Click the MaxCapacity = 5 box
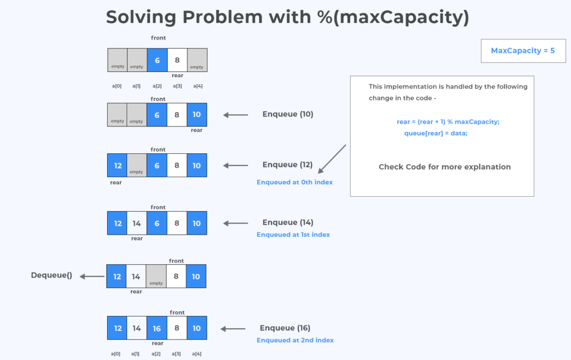[523, 51]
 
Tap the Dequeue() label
[51, 275]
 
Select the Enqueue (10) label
[288, 114]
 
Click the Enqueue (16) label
[285, 328]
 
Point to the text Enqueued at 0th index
[294, 182]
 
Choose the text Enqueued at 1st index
[293, 235]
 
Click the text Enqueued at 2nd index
[295, 340]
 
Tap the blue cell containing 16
[157, 328]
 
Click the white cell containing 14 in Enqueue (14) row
[137, 223]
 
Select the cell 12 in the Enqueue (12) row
[118, 166]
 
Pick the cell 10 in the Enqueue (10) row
[197, 114]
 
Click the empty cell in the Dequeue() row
[157, 276]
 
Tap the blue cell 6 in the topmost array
[157, 60]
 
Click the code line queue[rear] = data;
[435, 133]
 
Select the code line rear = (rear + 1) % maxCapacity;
[448, 121]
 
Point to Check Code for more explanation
[444, 167]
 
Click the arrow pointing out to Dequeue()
[92, 276]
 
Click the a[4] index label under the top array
[197, 86]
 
